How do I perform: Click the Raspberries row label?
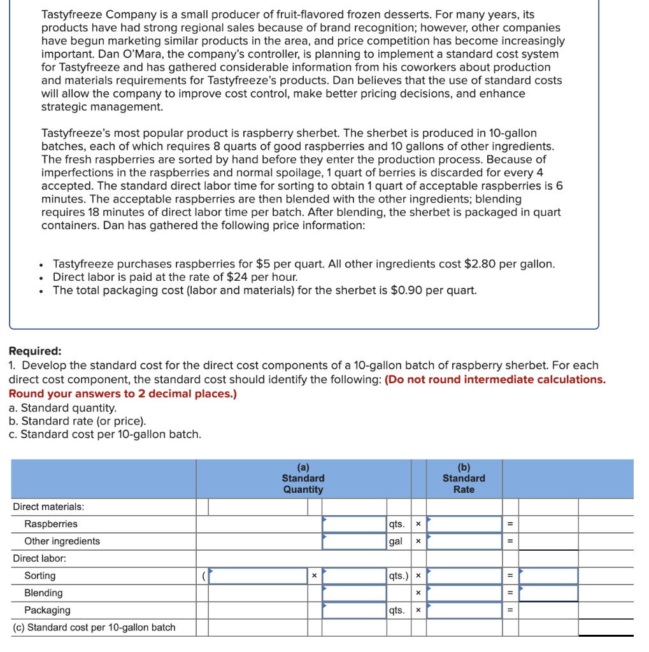pos(51,524)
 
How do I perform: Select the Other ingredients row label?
pos(62,541)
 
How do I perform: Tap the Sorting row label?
pos(39,576)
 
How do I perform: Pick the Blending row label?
pos(43,593)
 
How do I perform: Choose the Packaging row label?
pos(47,610)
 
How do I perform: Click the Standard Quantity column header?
pos(303,478)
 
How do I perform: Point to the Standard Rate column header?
pos(464,478)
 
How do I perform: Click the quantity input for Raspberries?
pos(354,524)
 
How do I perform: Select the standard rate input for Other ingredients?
pos(464,541)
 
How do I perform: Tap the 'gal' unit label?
pos(396,541)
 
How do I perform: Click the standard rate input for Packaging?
pos(464,610)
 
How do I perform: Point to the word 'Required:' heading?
pos(35,351)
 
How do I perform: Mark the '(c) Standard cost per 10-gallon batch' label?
pos(94,627)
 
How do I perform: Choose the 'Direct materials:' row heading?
pos(48,507)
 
